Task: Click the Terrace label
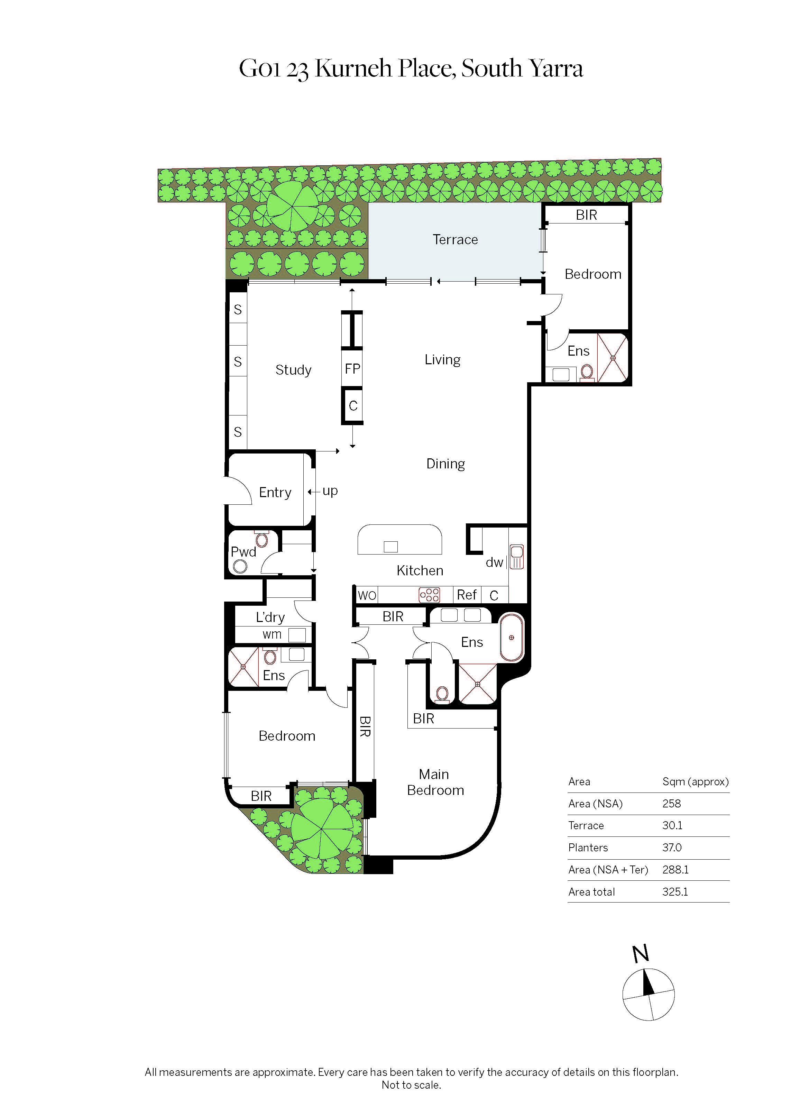tap(454, 240)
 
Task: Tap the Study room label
tap(293, 370)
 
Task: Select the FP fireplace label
tap(352, 368)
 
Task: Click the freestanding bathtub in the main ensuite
tap(512, 637)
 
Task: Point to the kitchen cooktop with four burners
tap(429, 595)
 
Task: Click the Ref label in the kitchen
tap(466, 595)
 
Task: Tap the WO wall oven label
tap(367, 595)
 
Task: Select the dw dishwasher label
tap(494, 562)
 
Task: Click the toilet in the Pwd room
tap(261, 539)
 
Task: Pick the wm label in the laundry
tap(272, 634)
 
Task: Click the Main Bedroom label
tap(435, 782)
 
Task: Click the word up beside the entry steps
tap(330, 491)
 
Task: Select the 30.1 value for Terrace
tap(672, 825)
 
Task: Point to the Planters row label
tap(588, 848)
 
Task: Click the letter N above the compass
tap(641, 954)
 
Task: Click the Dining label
tap(445, 464)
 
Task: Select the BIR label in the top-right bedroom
tap(586, 215)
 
